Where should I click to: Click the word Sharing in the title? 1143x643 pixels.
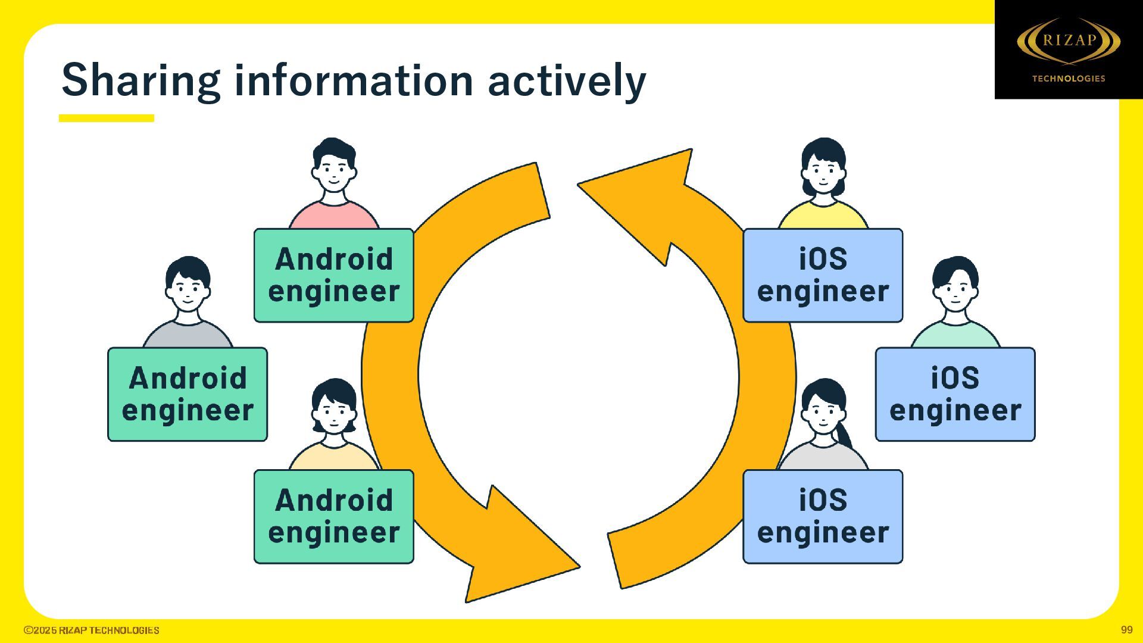point(140,80)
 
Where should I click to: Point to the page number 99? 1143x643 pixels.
point(1126,630)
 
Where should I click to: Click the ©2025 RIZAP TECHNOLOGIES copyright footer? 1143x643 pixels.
point(92,630)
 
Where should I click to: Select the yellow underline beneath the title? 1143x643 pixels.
point(107,118)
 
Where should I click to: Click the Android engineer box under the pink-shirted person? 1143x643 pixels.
point(334,276)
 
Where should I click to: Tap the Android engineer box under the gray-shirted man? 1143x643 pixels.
point(188,394)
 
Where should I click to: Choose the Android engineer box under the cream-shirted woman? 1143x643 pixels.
point(334,517)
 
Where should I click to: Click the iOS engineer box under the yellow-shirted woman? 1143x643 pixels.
point(823,276)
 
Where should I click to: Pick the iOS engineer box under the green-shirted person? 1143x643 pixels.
point(955,394)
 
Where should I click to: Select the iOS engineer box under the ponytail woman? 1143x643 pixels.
point(823,517)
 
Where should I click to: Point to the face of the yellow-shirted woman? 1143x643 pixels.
point(823,173)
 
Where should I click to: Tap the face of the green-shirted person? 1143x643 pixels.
point(955,292)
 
